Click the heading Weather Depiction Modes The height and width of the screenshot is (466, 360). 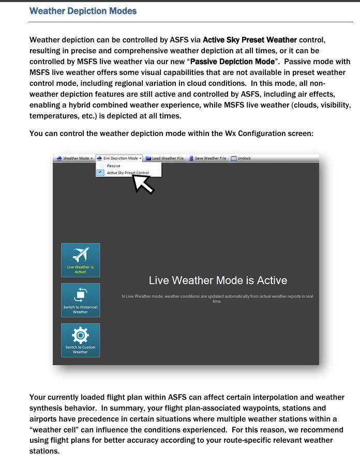tap(83, 11)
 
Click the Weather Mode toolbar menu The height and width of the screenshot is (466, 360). tap(75, 158)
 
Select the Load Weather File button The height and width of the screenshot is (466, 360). tap(164, 158)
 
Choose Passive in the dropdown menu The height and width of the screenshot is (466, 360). tap(114, 166)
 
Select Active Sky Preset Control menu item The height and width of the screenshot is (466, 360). tap(128, 173)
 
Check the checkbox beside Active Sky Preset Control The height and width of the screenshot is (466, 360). tap(100, 173)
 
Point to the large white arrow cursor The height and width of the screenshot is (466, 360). tap(143, 184)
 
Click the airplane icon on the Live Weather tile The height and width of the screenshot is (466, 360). tap(80, 255)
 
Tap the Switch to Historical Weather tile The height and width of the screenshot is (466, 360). tap(80, 300)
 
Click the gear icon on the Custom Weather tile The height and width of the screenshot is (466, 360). tap(80, 335)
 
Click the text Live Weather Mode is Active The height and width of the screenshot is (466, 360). tap(218, 280)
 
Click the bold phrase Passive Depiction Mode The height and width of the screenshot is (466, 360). tap(232, 62)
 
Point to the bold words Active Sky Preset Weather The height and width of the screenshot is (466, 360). tap(250, 40)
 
